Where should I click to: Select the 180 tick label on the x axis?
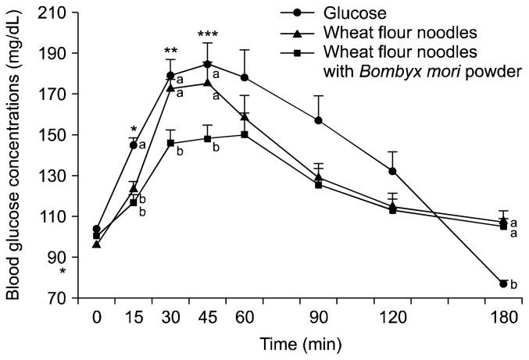tap(503, 317)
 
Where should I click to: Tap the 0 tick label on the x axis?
tap(96, 317)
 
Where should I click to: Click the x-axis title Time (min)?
tap(300, 343)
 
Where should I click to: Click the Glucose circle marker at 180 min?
tap(503, 283)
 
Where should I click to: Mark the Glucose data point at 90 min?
tap(318, 120)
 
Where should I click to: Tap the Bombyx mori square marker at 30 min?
tap(170, 143)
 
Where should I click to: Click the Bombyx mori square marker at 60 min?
tap(245, 134)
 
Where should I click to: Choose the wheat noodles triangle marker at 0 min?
tap(96, 244)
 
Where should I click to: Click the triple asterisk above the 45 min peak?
tap(207, 34)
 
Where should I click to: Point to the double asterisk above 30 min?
tap(170, 52)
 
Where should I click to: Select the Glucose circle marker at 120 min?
tap(392, 171)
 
